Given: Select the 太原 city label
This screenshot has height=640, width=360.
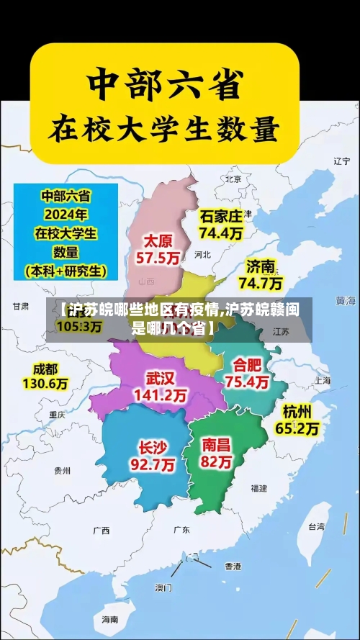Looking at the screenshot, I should pos(158,240).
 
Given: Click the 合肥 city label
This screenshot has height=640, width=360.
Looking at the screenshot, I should pos(246,365).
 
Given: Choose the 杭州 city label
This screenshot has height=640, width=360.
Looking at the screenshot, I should pos(297,412).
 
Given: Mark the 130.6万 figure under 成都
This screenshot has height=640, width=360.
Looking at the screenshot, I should pos(45,384).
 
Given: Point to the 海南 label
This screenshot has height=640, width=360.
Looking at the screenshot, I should pos(109,618).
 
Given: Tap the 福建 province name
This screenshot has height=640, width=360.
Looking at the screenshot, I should pos(258,488).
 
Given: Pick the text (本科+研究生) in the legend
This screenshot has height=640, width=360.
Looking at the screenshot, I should pos(66,271).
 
